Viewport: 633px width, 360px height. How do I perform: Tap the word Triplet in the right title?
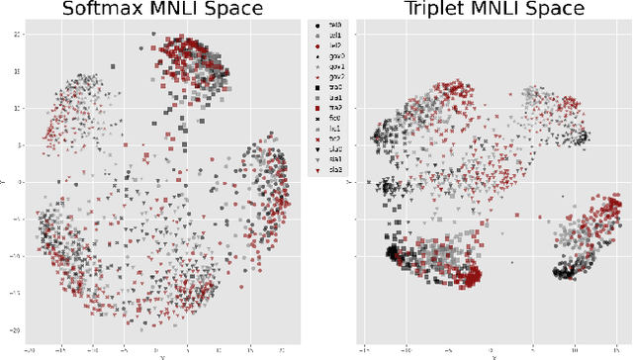432,10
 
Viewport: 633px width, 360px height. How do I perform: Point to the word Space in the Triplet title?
549,10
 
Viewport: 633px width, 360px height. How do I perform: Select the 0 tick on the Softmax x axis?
156,348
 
